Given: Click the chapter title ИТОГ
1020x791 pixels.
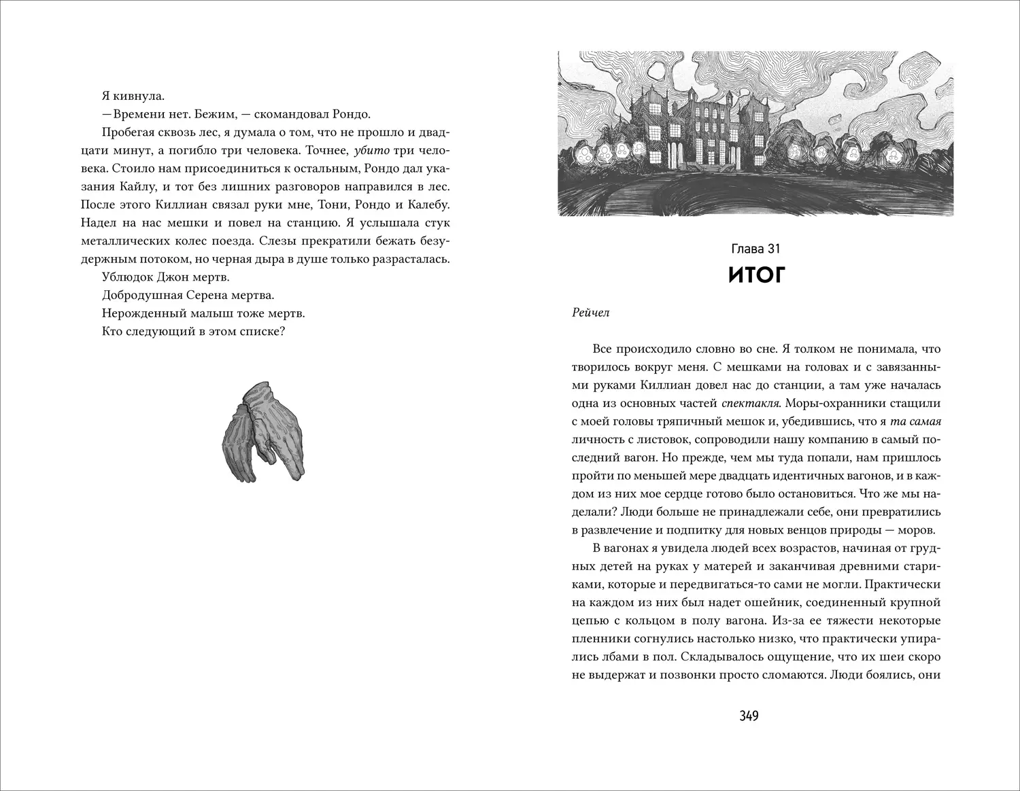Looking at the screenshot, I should click(756, 275).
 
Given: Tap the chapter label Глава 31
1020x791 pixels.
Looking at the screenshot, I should click(756, 250).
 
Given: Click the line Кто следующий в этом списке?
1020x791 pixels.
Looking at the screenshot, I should click(192, 332).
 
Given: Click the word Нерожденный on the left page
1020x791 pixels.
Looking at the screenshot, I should click(141, 314).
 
